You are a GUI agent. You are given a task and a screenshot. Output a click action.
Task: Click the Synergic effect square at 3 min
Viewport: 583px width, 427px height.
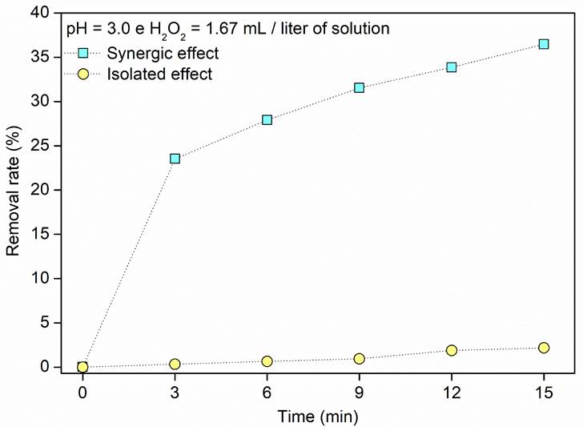tap(175, 159)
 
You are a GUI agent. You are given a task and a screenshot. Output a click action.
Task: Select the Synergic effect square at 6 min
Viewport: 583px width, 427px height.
tap(267, 119)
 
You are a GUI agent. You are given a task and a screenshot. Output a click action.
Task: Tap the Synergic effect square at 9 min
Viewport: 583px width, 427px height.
tap(360, 87)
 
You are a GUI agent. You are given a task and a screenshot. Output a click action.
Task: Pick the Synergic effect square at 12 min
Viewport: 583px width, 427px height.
tap(452, 67)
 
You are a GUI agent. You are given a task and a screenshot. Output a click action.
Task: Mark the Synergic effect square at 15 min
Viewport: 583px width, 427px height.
tap(544, 44)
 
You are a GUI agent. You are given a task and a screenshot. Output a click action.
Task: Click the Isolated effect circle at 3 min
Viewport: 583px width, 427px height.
tap(175, 364)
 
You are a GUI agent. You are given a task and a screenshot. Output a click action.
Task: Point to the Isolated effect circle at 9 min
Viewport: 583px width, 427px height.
tap(360, 358)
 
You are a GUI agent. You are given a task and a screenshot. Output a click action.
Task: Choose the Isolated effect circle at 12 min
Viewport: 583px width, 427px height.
tap(452, 350)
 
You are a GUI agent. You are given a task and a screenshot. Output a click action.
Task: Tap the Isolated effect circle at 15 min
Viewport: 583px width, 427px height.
tap(544, 348)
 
